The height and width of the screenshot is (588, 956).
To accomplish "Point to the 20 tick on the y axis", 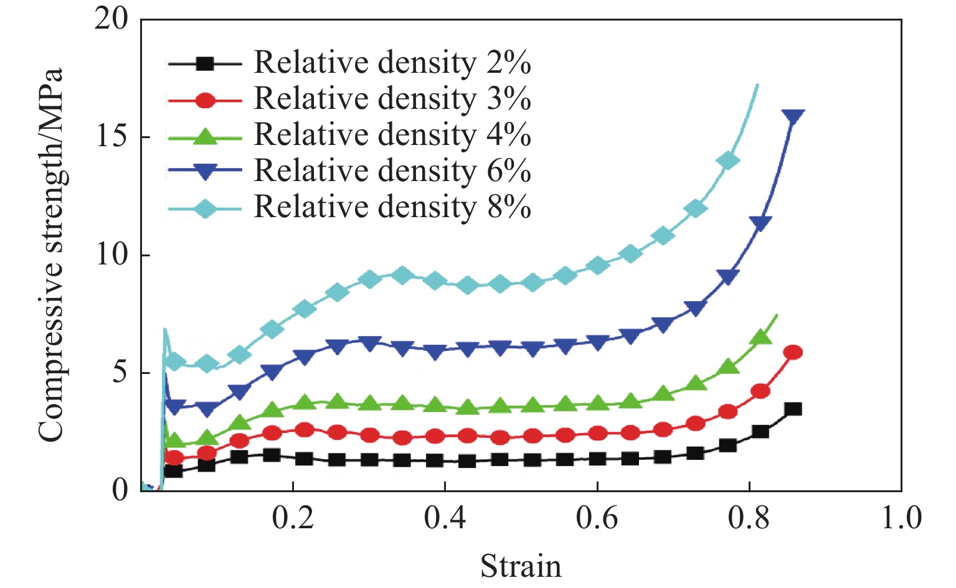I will pos(111,19).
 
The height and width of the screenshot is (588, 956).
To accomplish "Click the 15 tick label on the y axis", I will pos(111,136).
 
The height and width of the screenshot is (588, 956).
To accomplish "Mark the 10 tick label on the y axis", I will pos(111,254).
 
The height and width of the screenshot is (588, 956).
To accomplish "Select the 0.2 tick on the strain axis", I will pos(293,518).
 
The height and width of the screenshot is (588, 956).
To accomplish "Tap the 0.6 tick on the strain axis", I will pos(597,518).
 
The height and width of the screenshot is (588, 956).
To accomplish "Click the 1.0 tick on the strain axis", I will pos(901,518).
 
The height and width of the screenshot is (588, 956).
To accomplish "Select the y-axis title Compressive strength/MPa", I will pos(51,255).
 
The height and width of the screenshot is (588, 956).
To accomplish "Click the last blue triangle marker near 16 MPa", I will pos(793,116).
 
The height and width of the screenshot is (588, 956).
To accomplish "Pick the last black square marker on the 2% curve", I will pos(793,409).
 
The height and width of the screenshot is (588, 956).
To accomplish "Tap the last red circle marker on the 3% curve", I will pos(793,352).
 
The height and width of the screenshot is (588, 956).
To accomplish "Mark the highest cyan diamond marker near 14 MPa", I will pos(727,161).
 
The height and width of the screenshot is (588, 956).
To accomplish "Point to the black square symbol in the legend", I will pos(205,63).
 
